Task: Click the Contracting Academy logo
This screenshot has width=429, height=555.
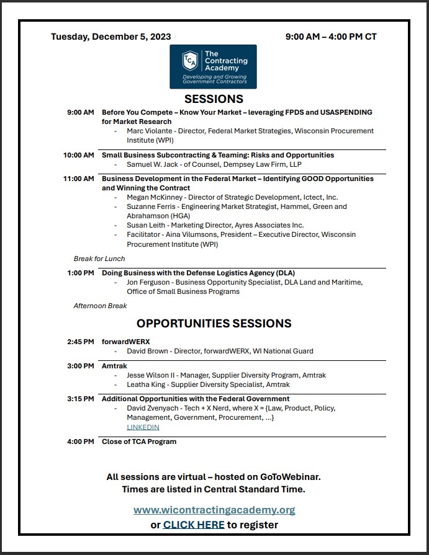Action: pyautogui.click(x=214, y=66)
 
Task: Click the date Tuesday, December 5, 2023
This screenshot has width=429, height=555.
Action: pyautogui.click(x=111, y=37)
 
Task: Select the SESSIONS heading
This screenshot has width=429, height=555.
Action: pyautogui.click(x=214, y=99)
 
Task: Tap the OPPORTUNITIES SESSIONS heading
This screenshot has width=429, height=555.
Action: pyautogui.click(x=214, y=323)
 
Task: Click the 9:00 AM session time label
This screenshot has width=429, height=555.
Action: pyautogui.click(x=81, y=112)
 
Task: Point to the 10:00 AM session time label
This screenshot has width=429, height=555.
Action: pyautogui.click(x=79, y=155)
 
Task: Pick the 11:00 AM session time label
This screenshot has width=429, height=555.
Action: pyautogui.click(x=79, y=179)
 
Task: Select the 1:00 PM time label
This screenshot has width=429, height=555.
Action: pyautogui.click(x=81, y=273)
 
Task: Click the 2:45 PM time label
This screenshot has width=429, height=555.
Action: pyautogui.click(x=81, y=342)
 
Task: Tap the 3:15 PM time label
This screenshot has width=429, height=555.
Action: pyautogui.click(x=81, y=399)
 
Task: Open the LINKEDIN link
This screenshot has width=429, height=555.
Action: pyautogui.click(x=143, y=427)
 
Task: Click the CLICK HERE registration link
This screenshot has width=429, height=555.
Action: pyautogui.click(x=194, y=525)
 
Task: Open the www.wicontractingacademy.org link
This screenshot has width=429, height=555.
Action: pyautogui.click(x=214, y=510)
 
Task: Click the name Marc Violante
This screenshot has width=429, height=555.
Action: pyautogui.click(x=150, y=131)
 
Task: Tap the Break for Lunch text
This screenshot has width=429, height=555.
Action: pyautogui.click(x=99, y=259)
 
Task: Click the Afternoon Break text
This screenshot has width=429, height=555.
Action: pyautogui.click(x=100, y=306)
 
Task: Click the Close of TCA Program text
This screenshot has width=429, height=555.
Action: pyautogui.click(x=139, y=442)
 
